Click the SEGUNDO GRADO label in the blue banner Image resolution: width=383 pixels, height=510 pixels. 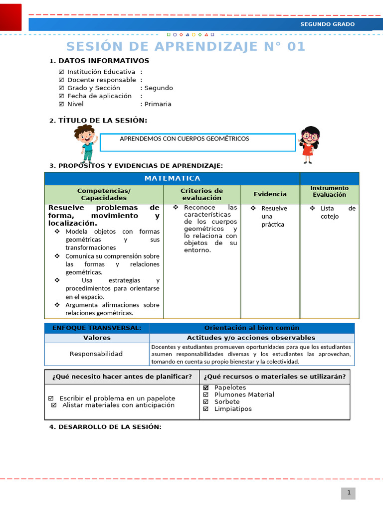pyautogui.click(x=327, y=24)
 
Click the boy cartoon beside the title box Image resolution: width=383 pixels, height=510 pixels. pyautogui.click(x=85, y=143)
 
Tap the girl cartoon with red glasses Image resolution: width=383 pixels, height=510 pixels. pyautogui.click(x=309, y=144)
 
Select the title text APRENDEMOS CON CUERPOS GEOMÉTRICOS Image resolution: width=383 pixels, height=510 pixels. pyautogui.click(x=184, y=139)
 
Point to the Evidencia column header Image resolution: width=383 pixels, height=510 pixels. pyautogui.click(x=270, y=194)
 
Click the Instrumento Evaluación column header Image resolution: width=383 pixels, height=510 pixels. pyautogui.click(x=329, y=191)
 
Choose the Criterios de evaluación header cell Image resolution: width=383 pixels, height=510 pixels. pyautogui.click(x=201, y=194)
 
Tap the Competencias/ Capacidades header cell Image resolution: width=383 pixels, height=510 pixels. pyautogui.click(x=104, y=194)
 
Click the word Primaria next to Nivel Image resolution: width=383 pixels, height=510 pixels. pyautogui.click(x=158, y=104)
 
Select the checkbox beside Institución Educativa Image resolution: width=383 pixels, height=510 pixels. pyautogui.click(x=61, y=72)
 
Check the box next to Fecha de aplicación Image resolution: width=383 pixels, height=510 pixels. pyautogui.click(x=61, y=96)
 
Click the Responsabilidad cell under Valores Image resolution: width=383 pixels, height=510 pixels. pyautogui.click(x=96, y=354)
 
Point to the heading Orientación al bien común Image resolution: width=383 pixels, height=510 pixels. pyautogui.click(x=252, y=328)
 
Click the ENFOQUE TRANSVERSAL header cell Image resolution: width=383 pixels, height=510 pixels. pyautogui.click(x=97, y=328)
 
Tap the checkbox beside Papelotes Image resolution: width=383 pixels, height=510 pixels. pyautogui.click(x=206, y=387)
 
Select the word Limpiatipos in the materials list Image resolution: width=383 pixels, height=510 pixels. pyautogui.click(x=233, y=409)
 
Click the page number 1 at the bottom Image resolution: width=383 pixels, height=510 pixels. pyautogui.click(x=349, y=493)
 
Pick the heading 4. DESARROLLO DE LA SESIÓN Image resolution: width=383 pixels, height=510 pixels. pyautogui.click(x=105, y=427)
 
